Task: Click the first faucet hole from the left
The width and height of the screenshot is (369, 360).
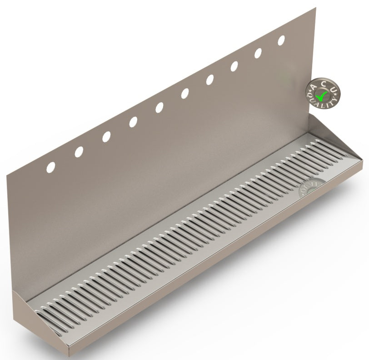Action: point(50,167)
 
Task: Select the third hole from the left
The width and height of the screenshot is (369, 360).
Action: point(106,137)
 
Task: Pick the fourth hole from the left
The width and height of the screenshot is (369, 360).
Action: point(133,122)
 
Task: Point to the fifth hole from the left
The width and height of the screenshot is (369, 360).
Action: point(159,108)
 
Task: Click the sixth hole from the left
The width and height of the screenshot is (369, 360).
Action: point(185,94)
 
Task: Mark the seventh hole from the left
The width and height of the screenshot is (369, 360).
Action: point(210,80)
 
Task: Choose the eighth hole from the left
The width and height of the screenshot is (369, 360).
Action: point(234,66)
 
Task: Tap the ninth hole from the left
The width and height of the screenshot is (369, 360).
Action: point(258,53)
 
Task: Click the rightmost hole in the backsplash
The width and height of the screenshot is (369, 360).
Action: point(281,40)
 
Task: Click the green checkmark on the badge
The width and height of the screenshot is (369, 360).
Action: point(323,95)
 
